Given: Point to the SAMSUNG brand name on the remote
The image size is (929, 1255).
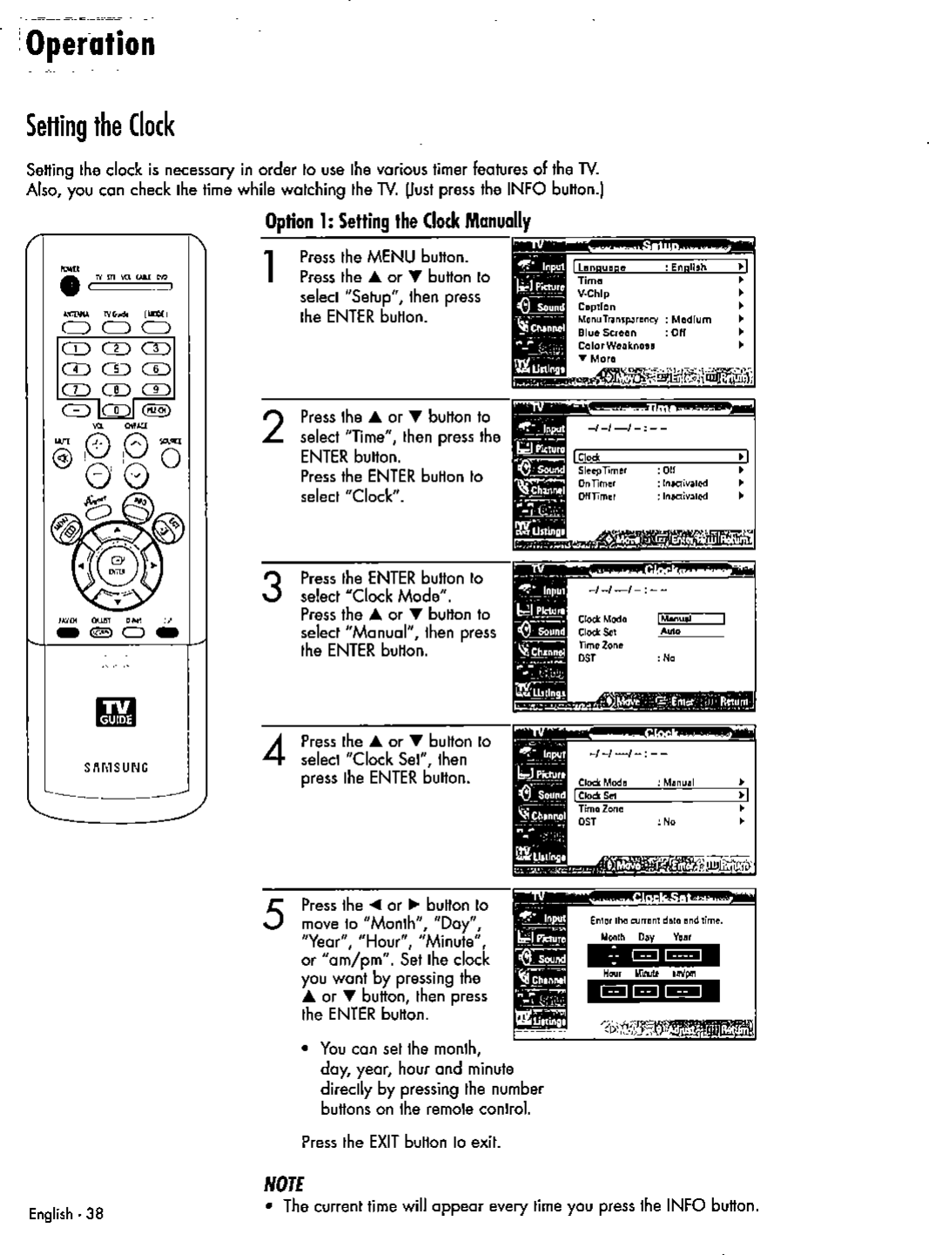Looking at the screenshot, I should coord(117,767).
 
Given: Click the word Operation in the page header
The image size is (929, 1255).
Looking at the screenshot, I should coord(91,44).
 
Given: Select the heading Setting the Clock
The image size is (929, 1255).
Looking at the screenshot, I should coord(100,126).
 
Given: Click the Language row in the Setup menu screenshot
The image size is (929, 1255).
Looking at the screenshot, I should coord(659,267).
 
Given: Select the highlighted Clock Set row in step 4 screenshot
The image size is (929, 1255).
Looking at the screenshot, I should coord(659,795).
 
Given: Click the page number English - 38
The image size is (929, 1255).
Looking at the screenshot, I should coord(66,1212).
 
